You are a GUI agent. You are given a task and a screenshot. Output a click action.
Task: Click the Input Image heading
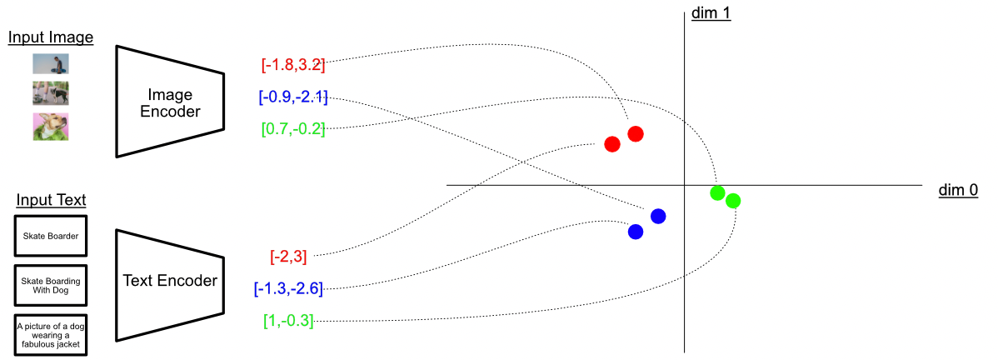51,37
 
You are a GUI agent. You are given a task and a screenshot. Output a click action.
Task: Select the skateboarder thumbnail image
51,64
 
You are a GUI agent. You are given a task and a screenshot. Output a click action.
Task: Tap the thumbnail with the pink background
51,126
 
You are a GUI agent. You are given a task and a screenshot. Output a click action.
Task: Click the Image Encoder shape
169,101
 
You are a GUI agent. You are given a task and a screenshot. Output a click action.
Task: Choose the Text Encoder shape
169,281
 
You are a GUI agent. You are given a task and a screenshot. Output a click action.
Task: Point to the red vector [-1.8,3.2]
292,63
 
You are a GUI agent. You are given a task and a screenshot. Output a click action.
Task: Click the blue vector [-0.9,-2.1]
292,97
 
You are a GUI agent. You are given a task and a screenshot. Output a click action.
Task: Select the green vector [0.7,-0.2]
292,129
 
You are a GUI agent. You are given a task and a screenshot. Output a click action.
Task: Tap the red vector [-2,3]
288,256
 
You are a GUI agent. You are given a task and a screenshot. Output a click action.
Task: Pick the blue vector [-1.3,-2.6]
288,288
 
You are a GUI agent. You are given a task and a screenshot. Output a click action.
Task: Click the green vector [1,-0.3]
288,321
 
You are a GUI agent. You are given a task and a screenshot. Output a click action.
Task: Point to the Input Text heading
51,200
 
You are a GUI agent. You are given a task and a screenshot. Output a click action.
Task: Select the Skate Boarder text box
51,236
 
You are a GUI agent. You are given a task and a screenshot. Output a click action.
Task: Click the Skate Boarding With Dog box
51,285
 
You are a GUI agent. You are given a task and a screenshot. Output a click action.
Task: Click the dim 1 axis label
711,13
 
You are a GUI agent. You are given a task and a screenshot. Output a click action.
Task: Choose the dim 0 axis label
958,191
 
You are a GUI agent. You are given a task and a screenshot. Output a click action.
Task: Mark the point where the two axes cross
685,185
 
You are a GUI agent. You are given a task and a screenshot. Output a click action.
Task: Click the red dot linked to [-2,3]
612,144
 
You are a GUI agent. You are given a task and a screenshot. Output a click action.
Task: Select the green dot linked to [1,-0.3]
733,200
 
